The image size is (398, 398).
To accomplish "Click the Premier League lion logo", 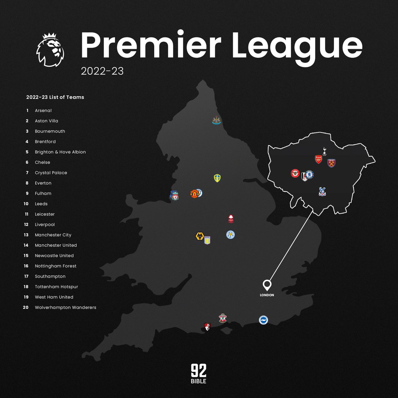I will (x=50, y=50).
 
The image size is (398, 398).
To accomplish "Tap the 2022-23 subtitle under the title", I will (x=102, y=71).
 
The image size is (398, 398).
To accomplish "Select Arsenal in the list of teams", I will (x=43, y=110).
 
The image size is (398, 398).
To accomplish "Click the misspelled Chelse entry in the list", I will (x=42, y=162).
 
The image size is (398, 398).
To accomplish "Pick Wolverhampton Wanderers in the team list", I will (x=65, y=307).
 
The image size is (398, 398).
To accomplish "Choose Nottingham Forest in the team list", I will (x=55, y=266).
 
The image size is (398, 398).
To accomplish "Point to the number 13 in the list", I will (x=26, y=235).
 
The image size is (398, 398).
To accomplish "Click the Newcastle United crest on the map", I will (x=216, y=120).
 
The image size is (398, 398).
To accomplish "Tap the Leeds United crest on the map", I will (x=217, y=178).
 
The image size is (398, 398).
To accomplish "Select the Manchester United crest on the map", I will (x=194, y=194).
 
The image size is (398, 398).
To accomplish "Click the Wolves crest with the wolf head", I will (x=200, y=237).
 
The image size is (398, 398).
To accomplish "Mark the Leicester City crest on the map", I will (x=231, y=235).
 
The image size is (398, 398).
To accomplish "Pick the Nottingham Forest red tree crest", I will (x=231, y=219).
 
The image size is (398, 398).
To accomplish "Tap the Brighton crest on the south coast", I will (x=263, y=320).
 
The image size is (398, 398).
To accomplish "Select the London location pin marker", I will (x=267, y=285).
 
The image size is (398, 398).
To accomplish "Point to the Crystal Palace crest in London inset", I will (x=322, y=191).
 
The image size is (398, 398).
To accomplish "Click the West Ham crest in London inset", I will (x=331, y=163).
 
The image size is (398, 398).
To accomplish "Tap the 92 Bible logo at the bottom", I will (x=198, y=373).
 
